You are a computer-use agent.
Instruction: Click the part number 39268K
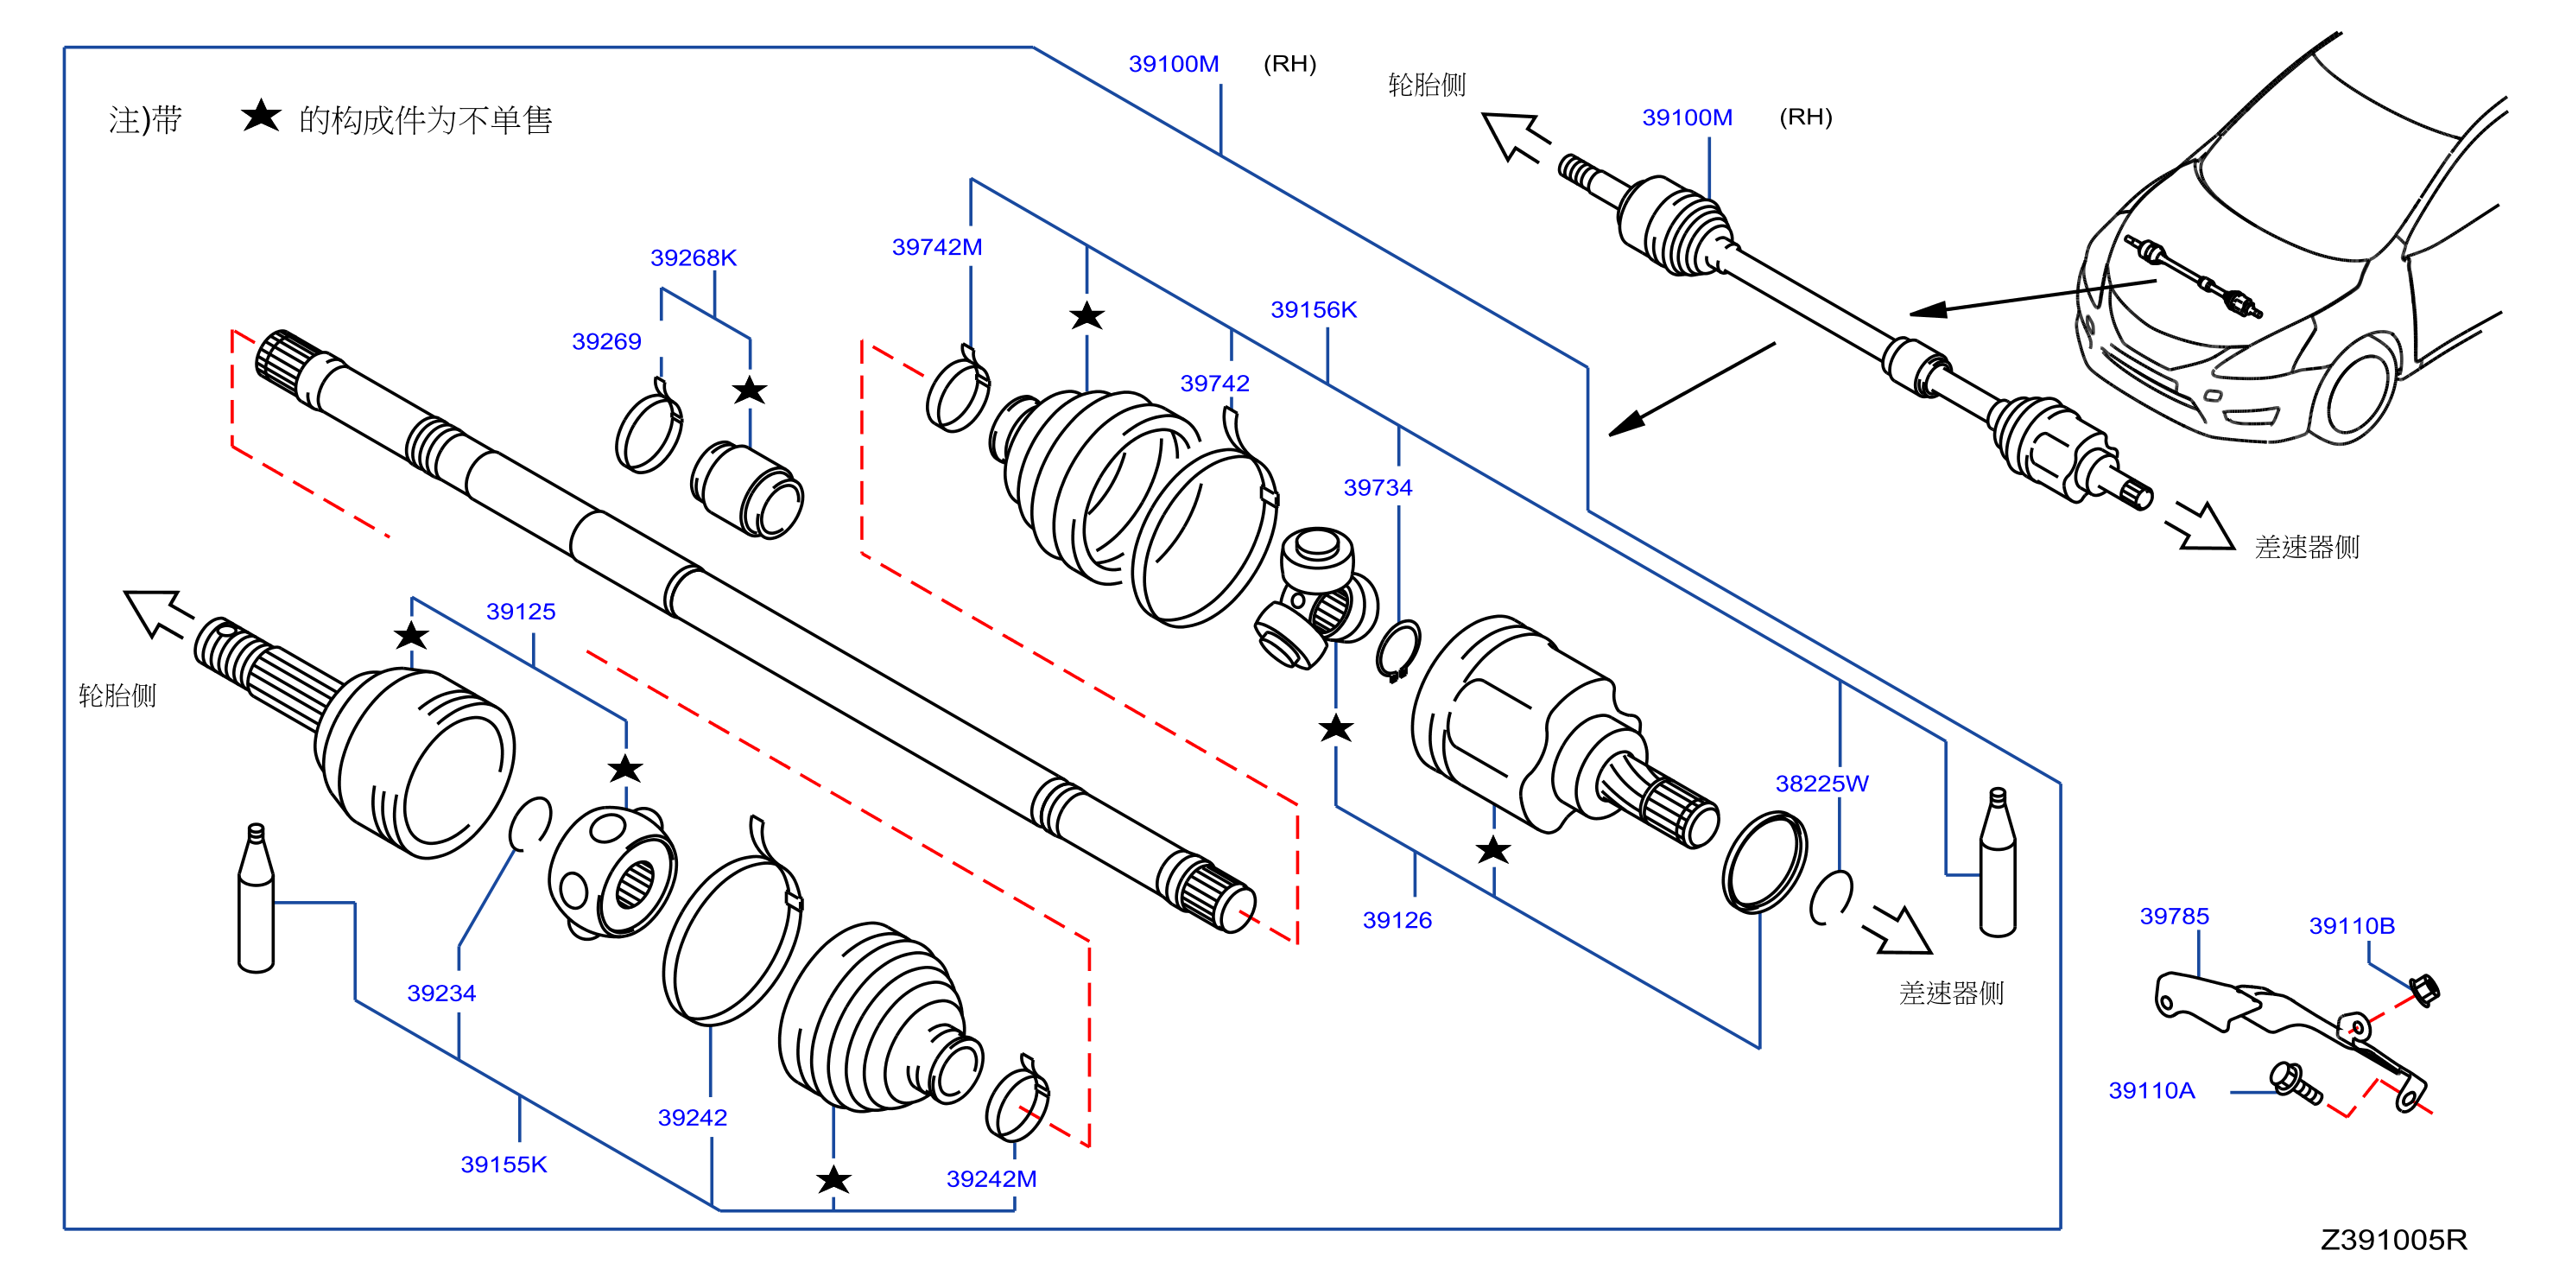point(693,257)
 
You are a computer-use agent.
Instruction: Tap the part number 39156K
point(1313,309)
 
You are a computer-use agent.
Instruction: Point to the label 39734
point(1378,487)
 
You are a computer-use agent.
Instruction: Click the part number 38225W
point(1821,783)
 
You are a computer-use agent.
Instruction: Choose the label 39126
point(1397,919)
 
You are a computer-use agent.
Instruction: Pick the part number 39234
point(441,993)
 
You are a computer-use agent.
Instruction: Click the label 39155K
point(504,1165)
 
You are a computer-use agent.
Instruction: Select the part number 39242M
point(991,1178)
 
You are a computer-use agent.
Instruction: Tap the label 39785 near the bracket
point(2174,916)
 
